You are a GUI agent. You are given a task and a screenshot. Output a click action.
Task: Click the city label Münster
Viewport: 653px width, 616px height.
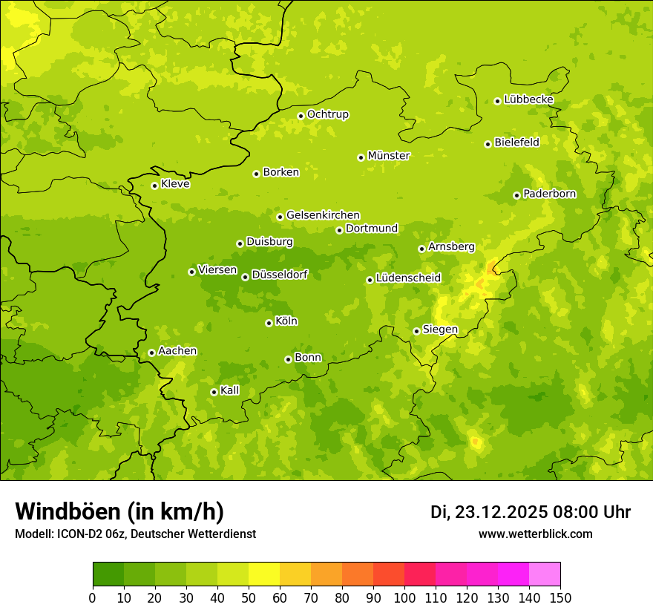click(389, 156)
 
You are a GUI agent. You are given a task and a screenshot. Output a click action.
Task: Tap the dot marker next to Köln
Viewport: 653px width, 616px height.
click(269, 323)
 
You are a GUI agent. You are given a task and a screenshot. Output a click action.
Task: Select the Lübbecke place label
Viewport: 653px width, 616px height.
click(528, 99)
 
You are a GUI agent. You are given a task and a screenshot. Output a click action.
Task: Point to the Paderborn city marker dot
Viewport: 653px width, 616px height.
click(516, 195)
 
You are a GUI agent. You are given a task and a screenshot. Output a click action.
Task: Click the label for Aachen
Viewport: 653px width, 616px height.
click(177, 351)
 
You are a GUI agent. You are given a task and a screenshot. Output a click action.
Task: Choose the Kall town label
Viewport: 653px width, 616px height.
click(230, 390)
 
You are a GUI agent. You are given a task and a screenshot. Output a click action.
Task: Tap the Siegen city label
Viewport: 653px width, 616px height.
click(440, 330)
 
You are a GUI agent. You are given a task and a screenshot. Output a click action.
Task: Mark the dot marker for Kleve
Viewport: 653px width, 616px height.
click(154, 186)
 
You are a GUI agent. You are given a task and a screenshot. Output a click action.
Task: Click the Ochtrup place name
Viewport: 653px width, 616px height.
click(328, 114)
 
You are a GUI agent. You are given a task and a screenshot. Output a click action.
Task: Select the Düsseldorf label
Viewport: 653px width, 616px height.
click(280, 275)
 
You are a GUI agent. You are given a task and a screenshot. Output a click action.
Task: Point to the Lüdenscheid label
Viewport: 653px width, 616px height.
click(408, 278)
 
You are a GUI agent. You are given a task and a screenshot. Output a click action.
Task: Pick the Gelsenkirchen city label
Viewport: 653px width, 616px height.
click(323, 215)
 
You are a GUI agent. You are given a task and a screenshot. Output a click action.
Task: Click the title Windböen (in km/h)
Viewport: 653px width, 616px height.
click(119, 511)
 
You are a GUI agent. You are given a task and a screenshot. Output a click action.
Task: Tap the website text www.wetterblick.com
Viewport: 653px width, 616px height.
click(535, 534)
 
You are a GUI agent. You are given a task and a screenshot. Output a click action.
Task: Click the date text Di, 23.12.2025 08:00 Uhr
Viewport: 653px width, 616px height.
click(530, 512)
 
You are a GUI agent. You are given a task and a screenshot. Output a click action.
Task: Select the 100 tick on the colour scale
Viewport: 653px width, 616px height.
click(404, 598)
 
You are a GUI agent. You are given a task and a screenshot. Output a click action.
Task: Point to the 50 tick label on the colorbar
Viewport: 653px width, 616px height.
click(249, 598)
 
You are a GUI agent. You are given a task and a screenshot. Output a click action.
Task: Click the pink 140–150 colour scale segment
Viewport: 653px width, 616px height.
click(545, 574)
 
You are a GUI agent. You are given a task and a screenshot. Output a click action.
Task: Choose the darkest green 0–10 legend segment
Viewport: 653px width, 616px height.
click(108, 574)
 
